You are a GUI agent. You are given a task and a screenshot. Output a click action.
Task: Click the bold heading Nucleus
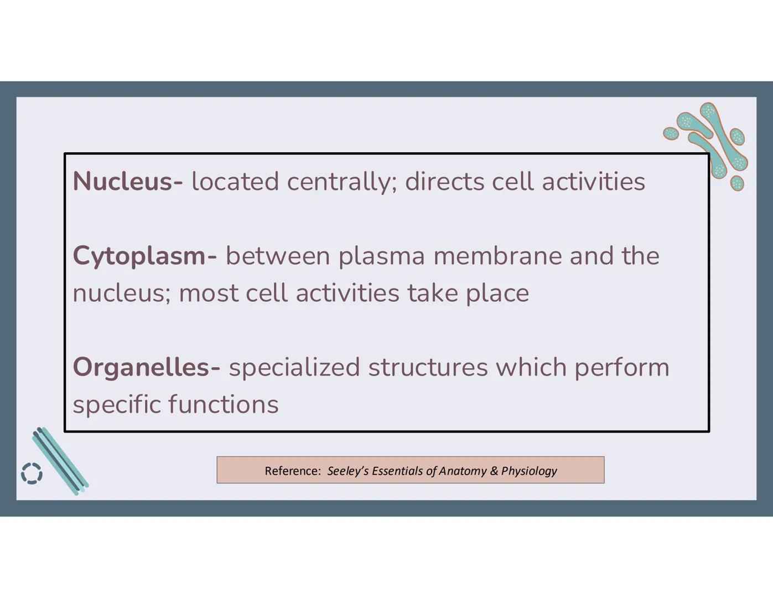123,182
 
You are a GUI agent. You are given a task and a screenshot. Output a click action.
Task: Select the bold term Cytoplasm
139,256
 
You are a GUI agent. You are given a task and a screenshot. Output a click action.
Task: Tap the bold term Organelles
142,367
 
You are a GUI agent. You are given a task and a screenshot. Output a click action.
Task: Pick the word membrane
497,256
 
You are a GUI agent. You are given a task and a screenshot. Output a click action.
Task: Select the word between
278,256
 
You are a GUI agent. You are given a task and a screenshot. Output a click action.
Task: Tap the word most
208,293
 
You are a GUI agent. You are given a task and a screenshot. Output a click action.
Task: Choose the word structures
428,367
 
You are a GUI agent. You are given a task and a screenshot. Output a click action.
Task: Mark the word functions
223,404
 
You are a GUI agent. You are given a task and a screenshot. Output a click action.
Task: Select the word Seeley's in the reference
347,471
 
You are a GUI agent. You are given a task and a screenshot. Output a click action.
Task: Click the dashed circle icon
32,473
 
